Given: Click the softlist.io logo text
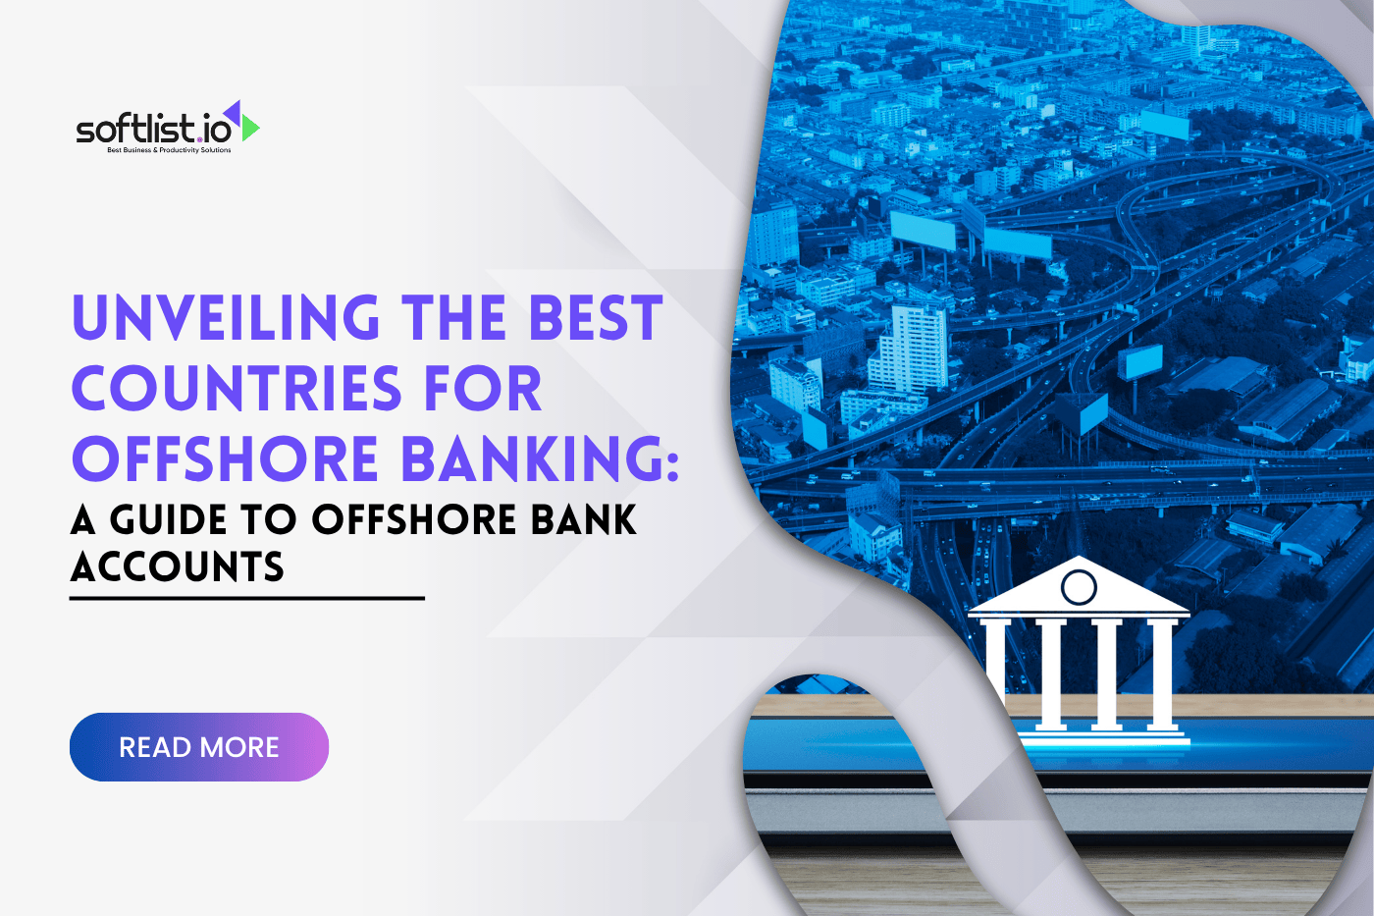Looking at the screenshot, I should [154, 129].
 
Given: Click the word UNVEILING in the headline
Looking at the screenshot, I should [226, 318].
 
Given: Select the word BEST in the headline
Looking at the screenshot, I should [596, 318].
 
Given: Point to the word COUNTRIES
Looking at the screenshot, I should [237, 389].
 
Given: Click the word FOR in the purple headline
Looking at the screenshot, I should [483, 389].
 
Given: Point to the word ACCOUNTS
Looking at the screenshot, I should [178, 567].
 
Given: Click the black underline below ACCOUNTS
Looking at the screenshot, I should [246, 598].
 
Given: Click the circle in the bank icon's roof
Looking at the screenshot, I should [1079, 587].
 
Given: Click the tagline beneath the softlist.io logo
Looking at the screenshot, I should [169, 150].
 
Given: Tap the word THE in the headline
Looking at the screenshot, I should [453, 318].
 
